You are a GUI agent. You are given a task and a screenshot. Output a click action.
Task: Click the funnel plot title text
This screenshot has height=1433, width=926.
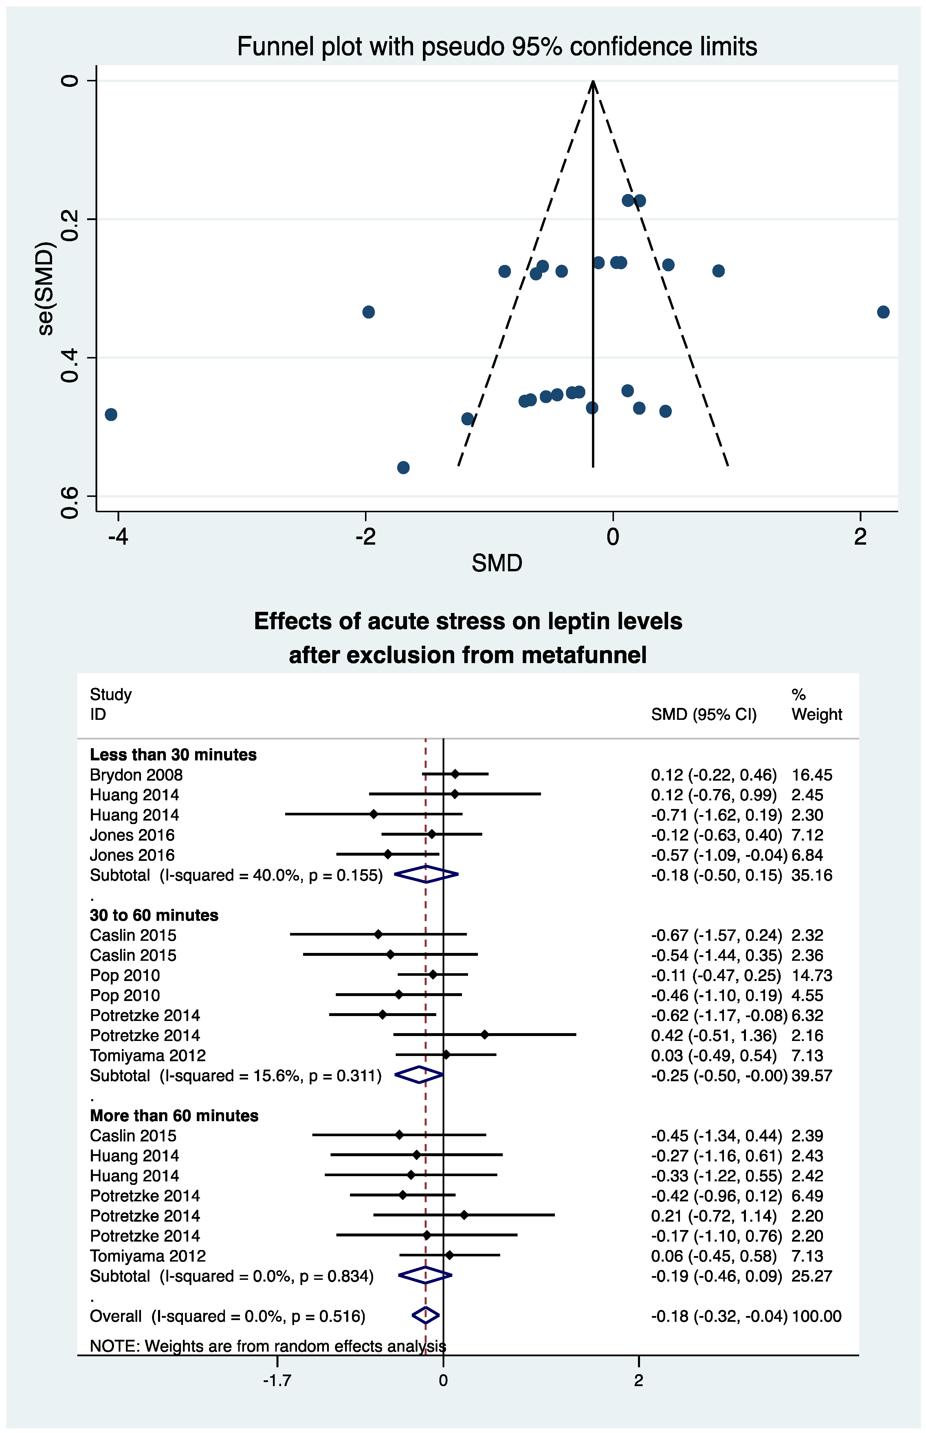tap(497, 47)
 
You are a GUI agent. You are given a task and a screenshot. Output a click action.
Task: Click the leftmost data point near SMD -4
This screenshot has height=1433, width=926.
tap(111, 414)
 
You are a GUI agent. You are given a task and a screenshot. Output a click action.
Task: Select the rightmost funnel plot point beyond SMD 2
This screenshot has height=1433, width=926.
tap(883, 312)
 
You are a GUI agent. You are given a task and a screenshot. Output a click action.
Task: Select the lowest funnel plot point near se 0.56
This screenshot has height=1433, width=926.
tap(404, 467)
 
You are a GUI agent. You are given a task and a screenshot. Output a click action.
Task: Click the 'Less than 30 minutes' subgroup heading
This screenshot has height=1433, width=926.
tap(173, 755)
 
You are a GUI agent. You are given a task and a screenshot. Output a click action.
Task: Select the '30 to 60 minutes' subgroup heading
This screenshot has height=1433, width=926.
tap(154, 915)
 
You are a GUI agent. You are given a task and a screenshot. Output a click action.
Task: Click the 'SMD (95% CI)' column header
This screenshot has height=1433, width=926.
tap(703, 714)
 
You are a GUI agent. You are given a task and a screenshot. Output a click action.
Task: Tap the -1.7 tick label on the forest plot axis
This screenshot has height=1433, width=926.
tap(277, 1380)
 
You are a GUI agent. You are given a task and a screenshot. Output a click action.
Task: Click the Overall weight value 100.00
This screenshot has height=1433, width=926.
tap(817, 1316)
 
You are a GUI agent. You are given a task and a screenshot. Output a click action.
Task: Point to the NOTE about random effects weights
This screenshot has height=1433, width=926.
tap(267, 1346)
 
